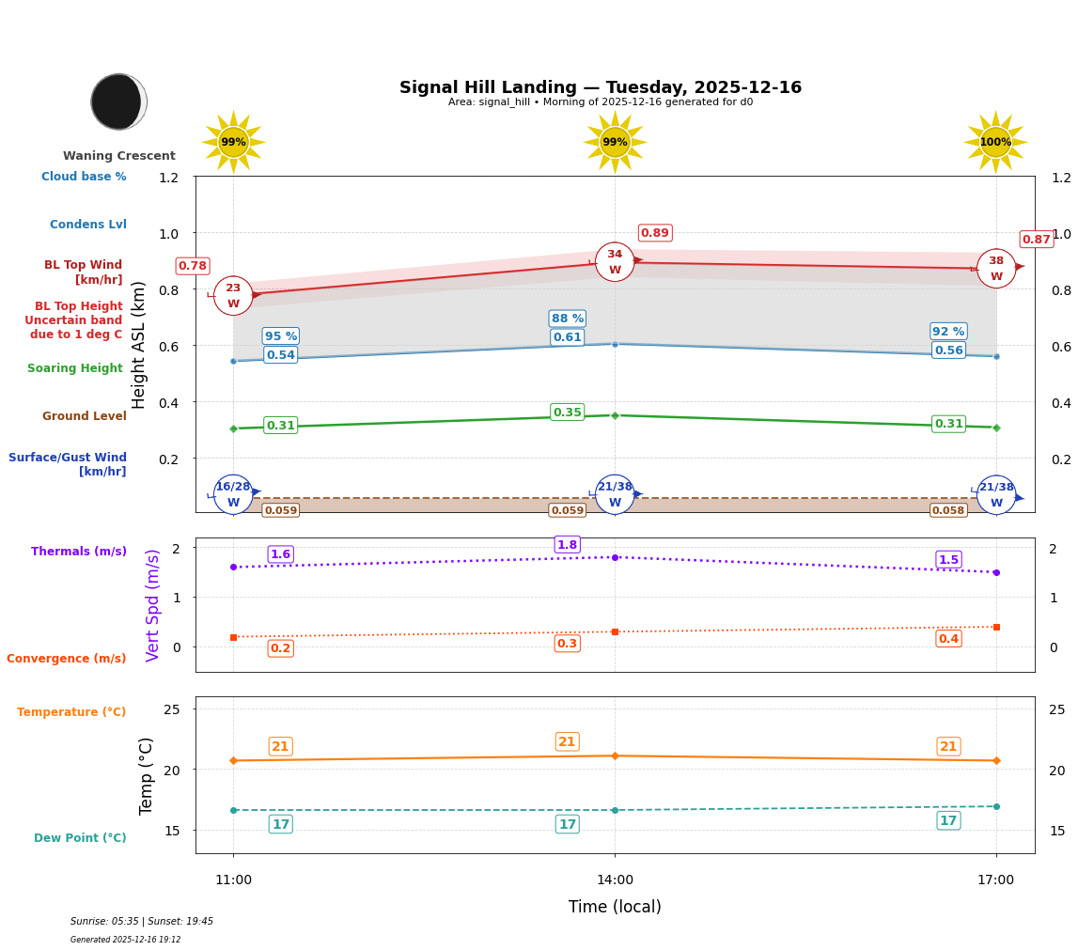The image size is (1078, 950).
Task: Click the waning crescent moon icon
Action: click(118, 101)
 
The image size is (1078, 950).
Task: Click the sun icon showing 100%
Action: click(995, 143)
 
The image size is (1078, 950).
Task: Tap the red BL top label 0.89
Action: click(654, 233)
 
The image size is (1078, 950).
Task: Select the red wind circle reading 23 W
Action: click(233, 296)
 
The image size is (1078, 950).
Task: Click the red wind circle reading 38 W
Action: click(995, 269)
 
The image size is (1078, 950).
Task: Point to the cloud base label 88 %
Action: click(567, 319)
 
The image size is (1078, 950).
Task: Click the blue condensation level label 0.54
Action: click(280, 355)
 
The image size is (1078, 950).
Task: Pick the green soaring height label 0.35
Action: click(567, 413)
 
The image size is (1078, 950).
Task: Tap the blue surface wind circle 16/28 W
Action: click(233, 494)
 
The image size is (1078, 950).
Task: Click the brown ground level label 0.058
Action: click(947, 510)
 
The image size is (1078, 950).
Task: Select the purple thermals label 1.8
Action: click(567, 545)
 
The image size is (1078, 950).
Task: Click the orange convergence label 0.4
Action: click(948, 639)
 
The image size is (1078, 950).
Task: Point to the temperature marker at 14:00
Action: click(615, 755)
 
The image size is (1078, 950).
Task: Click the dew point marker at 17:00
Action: click(995, 806)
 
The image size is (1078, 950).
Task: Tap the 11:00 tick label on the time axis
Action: click(233, 880)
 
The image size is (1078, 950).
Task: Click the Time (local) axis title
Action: click(615, 907)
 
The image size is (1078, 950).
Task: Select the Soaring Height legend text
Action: click(75, 368)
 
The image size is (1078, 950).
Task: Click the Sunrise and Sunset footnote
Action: click(142, 922)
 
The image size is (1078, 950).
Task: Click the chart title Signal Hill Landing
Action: click(600, 87)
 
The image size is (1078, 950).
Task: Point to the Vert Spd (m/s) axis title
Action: click(153, 605)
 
